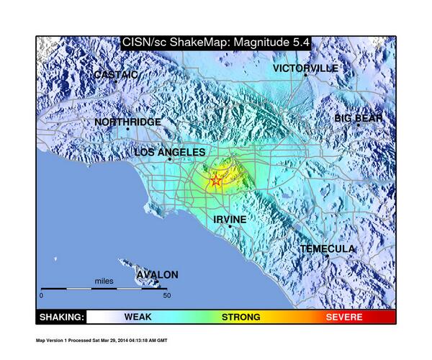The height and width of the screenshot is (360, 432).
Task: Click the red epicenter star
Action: (216, 181)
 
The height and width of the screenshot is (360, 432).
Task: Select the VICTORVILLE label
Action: (305, 68)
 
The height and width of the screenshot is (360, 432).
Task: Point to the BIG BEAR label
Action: (359, 118)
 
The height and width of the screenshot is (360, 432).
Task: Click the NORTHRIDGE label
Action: (128, 122)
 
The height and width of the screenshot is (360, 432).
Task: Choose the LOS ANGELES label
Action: (170, 153)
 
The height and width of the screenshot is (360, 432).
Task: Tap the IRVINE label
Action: (230, 219)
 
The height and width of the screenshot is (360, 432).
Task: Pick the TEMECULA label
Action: (328, 248)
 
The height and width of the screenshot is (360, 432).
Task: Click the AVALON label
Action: (157, 274)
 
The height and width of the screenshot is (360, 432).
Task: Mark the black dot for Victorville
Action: (305, 75)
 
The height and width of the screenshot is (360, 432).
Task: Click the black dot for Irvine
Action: (230, 227)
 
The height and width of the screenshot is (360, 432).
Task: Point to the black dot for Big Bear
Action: (358, 125)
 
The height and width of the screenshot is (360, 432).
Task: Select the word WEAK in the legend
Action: (138, 317)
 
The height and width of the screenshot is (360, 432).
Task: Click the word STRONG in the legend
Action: (240, 317)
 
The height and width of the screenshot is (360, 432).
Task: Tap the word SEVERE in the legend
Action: (344, 317)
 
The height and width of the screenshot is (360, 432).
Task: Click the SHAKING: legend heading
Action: (61, 317)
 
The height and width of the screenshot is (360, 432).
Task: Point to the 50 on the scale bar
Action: (166, 295)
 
